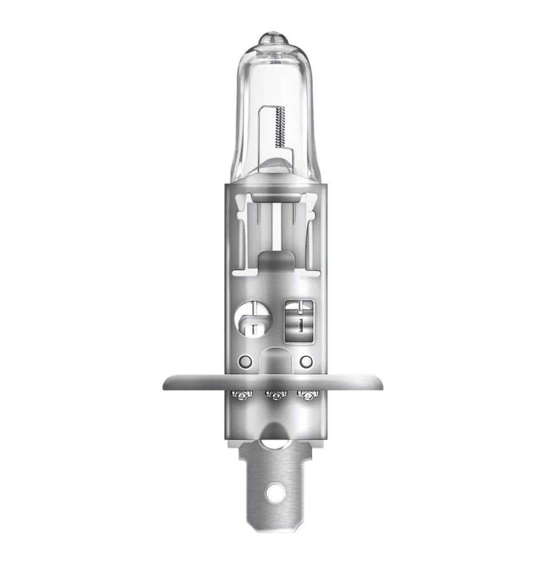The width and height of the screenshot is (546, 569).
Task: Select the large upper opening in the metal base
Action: tap(273, 231)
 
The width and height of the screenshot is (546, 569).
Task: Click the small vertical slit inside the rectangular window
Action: tap(301, 325)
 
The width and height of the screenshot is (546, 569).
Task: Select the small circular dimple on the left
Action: tap(244, 360)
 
